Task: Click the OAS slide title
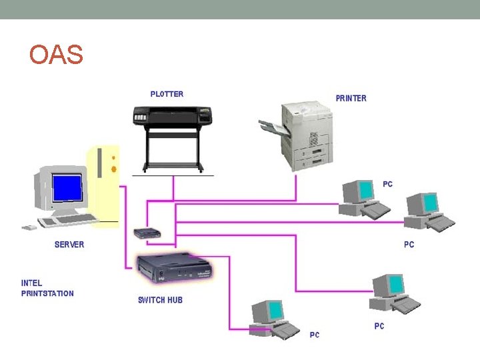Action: tap(57, 55)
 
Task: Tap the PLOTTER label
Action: tap(167, 94)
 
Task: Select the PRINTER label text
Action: tap(351, 98)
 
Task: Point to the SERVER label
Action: tap(69, 245)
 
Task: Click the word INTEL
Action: tap(31, 283)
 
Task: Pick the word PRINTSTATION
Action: tap(47, 293)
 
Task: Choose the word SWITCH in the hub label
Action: tap(151, 300)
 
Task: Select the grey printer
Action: tap(306, 133)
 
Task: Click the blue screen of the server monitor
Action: tap(67, 187)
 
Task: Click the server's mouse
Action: tap(29, 227)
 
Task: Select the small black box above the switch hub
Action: tap(146, 233)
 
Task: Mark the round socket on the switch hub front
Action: tap(160, 273)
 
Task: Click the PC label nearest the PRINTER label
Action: tap(387, 184)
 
